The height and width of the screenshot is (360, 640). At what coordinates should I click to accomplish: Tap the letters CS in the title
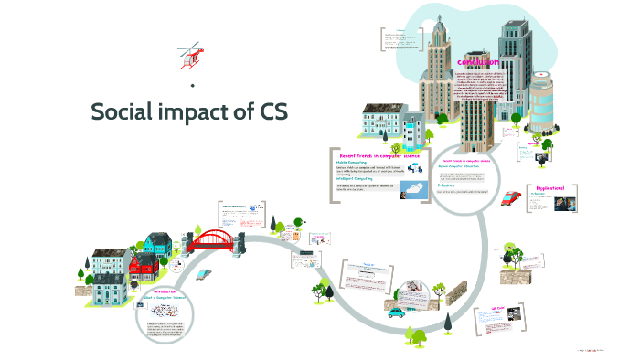coord(270,111)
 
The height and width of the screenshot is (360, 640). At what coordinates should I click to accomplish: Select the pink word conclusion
coord(477,62)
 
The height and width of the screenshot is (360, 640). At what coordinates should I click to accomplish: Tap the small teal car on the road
coord(395,312)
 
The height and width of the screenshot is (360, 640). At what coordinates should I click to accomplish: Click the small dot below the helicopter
coord(192,86)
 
